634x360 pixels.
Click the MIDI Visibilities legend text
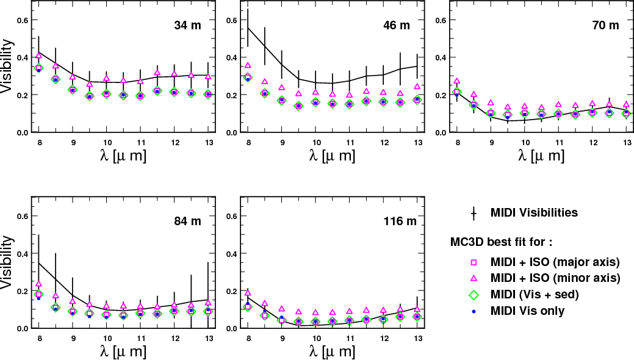click(x=534, y=213)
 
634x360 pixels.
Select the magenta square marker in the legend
click(x=473, y=262)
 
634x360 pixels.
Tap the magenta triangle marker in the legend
click(x=473, y=278)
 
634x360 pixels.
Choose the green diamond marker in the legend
click(x=473, y=295)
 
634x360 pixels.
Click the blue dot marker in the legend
click(x=473, y=311)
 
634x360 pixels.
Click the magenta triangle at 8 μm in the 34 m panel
click(x=39, y=56)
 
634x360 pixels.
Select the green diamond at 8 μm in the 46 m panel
click(x=248, y=77)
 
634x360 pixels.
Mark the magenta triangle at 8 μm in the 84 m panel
click(x=39, y=284)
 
